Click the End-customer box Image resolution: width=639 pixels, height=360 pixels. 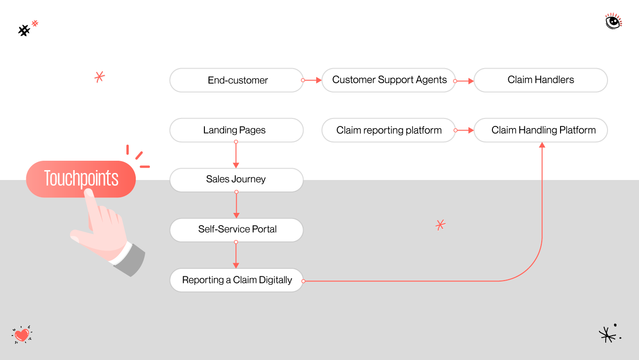[x=236, y=80]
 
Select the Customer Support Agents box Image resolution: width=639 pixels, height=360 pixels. [x=389, y=80]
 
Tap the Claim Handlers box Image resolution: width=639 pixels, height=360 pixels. [x=540, y=80]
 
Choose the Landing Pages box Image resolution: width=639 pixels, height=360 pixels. [x=236, y=130]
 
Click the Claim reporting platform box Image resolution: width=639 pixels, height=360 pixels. [x=389, y=130]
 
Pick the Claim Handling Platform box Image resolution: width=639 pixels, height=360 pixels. [x=540, y=130]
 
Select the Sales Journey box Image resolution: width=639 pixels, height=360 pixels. [x=236, y=180]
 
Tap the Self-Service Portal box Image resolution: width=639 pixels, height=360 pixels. [x=236, y=230]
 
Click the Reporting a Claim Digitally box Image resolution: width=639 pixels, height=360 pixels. [x=236, y=280]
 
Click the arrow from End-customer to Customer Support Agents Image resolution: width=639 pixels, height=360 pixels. [x=312, y=80]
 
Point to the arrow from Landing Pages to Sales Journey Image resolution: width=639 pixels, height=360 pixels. [x=236, y=155]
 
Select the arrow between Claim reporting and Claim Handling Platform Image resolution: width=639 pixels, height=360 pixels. [x=465, y=130]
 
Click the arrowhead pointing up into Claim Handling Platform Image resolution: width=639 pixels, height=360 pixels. [x=542, y=145]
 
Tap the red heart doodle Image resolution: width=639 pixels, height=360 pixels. [x=22, y=335]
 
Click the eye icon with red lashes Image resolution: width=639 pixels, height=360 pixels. [x=613, y=22]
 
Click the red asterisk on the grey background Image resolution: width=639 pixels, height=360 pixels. [x=440, y=225]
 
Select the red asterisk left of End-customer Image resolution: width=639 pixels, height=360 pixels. [x=99, y=77]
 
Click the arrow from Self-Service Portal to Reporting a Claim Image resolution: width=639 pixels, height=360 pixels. [x=236, y=255]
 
